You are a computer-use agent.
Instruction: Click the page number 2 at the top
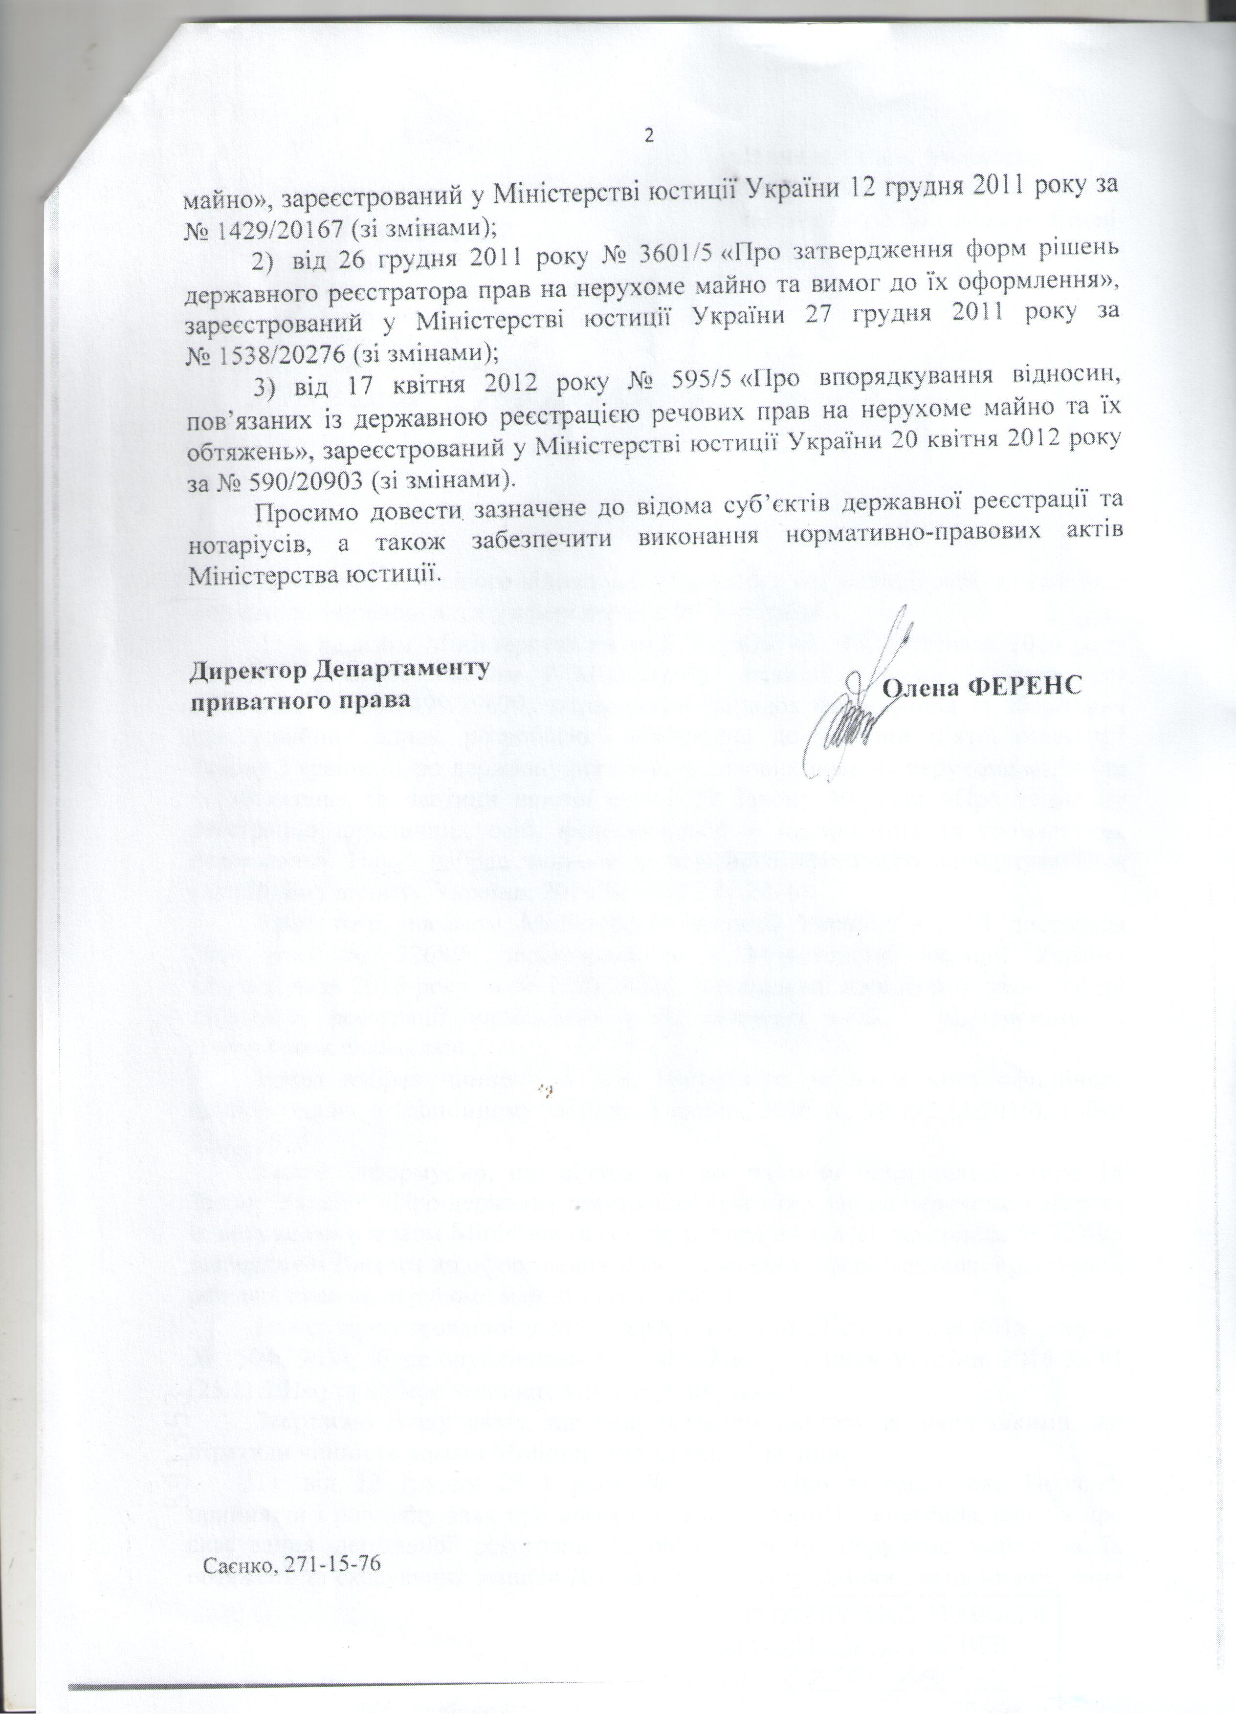[x=648, y=137]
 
